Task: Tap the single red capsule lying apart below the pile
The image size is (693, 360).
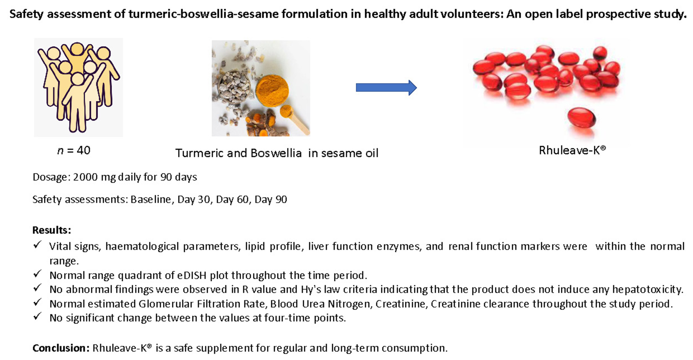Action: pyautogui.click(x=581, y=119)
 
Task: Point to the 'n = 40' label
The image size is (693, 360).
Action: pyautogui.click(x=74, y=151)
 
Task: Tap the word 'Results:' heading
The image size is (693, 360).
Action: pyautogui.click(x=52, y=230)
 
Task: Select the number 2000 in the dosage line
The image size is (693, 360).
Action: pyautogui.click(x=85, y=177)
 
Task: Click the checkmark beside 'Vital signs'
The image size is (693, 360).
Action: pyautogui.click(x=37, y=245)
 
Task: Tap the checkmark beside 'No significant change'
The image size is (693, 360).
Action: pyautogui.click(x=37, y=317)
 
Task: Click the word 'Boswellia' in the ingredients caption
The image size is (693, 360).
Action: pyautogui.click(x=276, y=153)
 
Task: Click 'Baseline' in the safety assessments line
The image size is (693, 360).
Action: pyautogui.click(x=151, y=200)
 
